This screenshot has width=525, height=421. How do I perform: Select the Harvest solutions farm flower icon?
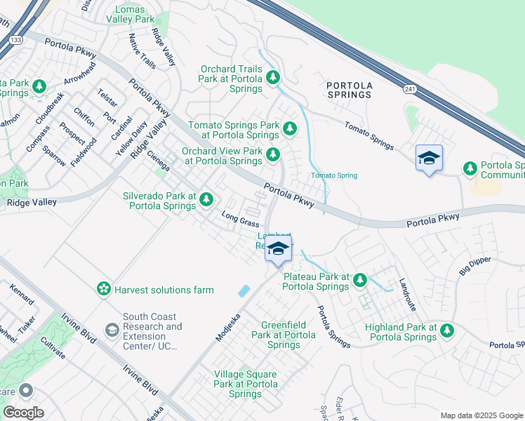[x=104, y=289]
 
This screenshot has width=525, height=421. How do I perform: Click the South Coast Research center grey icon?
[x=112, y=329]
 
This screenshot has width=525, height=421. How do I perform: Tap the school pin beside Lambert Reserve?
[x=279, y=248]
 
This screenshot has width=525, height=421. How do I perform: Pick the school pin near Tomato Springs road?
[x=429, y=159]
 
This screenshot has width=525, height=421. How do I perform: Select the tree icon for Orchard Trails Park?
[x=272, y=77]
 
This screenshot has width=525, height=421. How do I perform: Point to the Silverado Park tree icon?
[x=206, y=200]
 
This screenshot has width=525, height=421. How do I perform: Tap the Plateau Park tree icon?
[x=359, y=281]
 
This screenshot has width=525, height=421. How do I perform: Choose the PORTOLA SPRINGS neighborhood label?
[x=349, y=90]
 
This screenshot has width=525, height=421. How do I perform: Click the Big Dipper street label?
[x=475, y=266]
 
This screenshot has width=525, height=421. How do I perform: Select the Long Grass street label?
[x=240, y=221]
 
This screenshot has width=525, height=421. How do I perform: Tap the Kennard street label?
[x=22, y=294]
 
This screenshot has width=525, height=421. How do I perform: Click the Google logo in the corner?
[x=23, y=413]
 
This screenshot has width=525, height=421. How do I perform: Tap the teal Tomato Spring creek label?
[x=334, y=175]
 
